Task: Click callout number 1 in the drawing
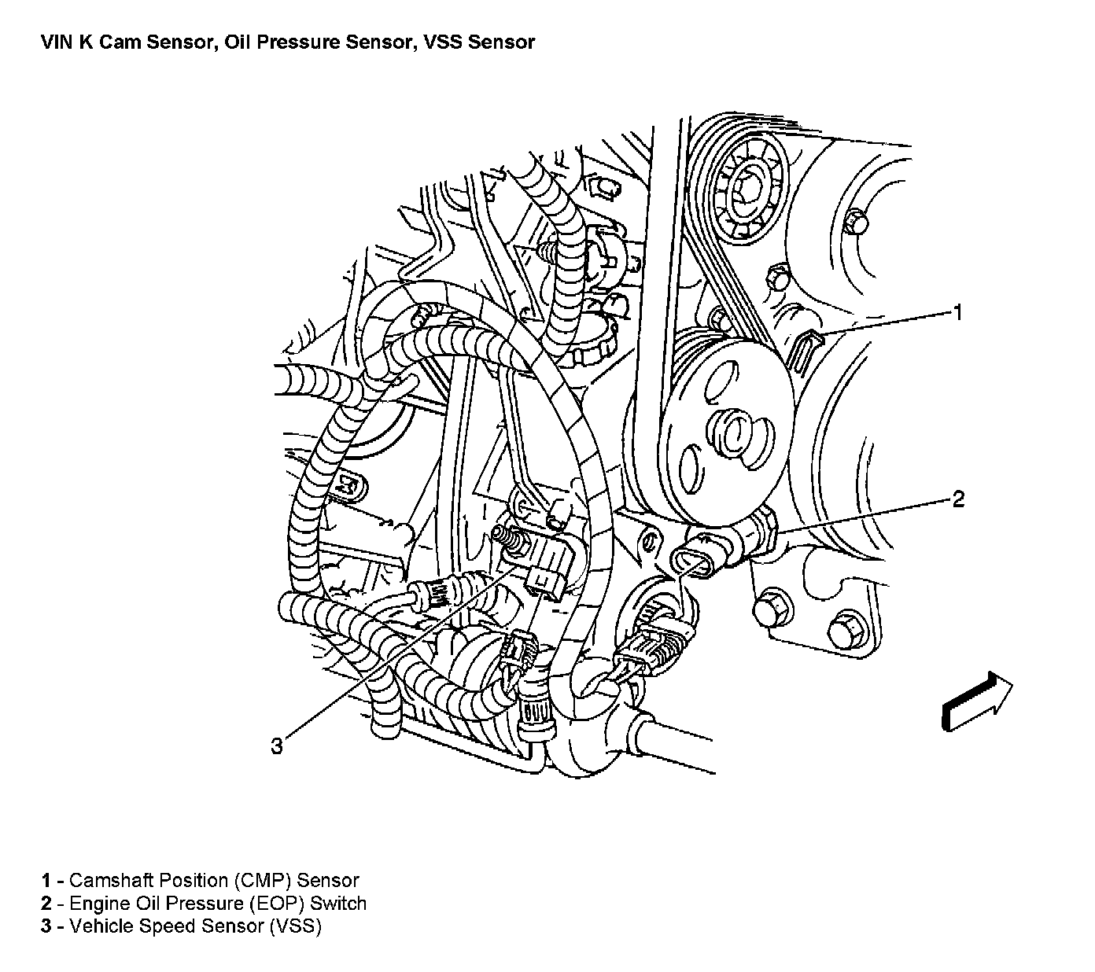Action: (x=957, y=313)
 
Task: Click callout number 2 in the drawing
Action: (x=957, y=499)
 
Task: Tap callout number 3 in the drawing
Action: (x=276, y=746)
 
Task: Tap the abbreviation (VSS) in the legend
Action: (x=295, y=926)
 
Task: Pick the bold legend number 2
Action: (x=46, y=904)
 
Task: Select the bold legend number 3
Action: (x=46, y=926)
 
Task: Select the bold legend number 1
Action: (x=46, y=881)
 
